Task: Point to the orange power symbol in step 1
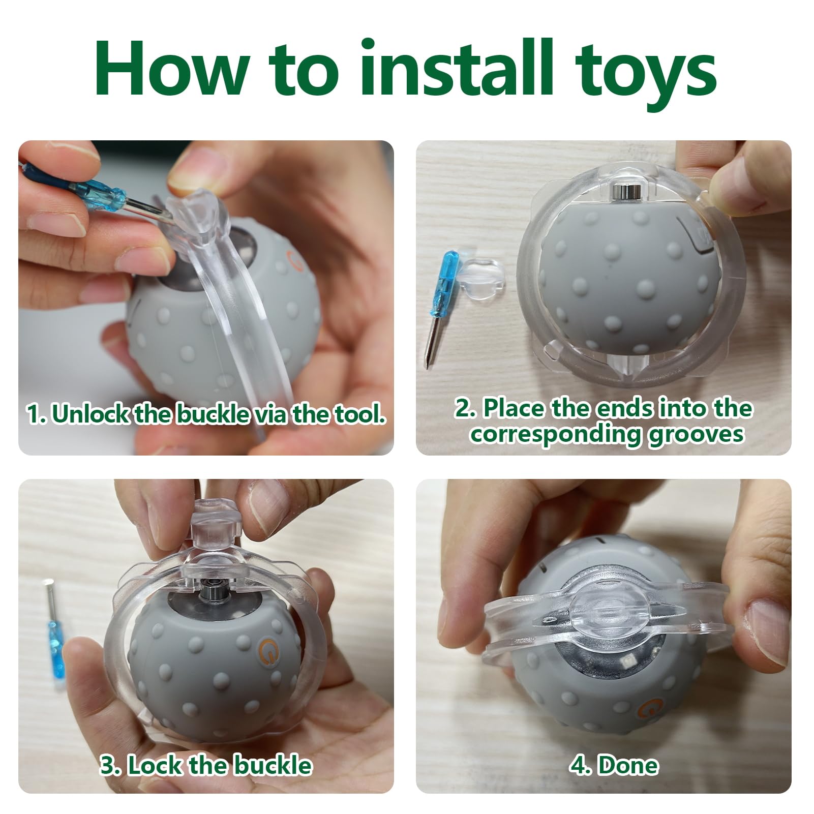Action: [292, 256]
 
